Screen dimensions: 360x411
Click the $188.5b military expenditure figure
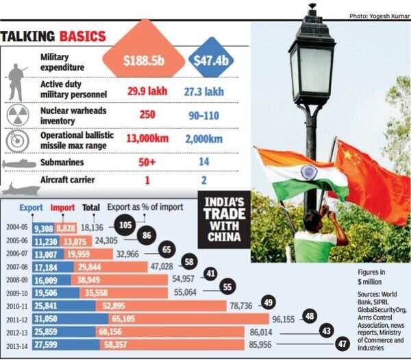[x=143, y=61]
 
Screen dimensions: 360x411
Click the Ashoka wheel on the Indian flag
[x=308, y=173]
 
